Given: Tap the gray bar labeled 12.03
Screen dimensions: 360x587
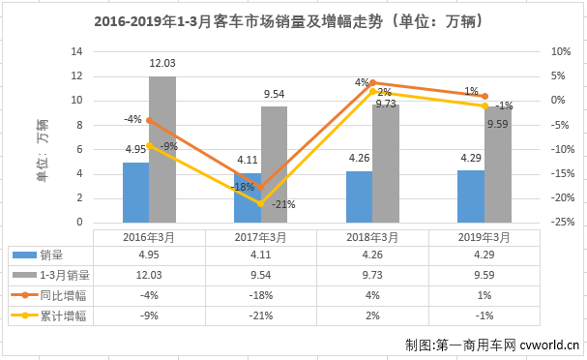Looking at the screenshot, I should (x=162, y=150).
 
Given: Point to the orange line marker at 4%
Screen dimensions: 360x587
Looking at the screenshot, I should (x=372, y=83).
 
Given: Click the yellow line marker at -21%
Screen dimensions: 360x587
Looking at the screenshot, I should (x=260, y=203).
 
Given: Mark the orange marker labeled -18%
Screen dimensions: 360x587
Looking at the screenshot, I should (x=260, y=188).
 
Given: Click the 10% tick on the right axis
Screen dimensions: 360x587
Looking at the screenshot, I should (x=558, y=51).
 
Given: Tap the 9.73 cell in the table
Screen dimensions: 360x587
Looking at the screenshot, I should (x=372, y=274).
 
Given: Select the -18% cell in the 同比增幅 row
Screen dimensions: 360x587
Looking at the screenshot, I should (x=260, y=294).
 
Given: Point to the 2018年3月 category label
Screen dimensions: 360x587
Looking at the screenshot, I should (x=372, y=234).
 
